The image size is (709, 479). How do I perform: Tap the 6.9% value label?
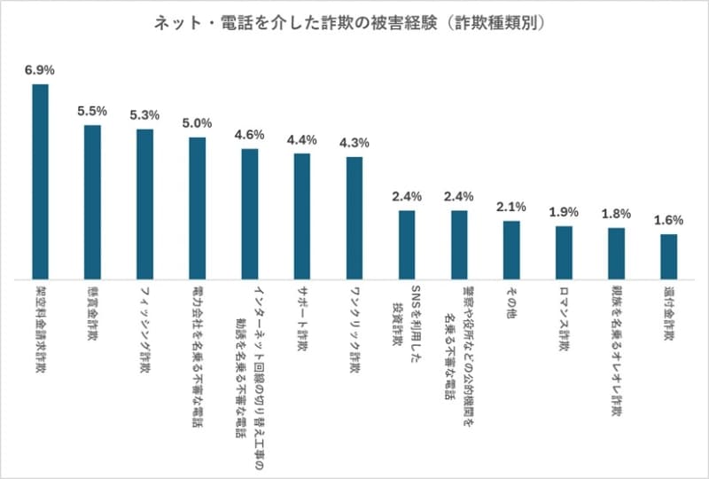click(40, 68)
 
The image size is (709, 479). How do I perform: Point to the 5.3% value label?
click(144, 114)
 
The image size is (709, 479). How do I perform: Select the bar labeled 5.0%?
click(197, 208)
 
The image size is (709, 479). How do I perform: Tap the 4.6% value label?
click(250, 134)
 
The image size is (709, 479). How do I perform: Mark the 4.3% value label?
click(354, 142)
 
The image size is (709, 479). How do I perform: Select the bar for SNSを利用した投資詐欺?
click(407, 244)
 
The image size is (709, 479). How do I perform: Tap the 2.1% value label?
click(511, 206)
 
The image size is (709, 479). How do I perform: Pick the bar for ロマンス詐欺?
click(564, 252)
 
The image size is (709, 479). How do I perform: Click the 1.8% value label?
click(616, 213)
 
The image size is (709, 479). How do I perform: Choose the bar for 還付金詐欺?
click(669, 256)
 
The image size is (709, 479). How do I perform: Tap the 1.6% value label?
click(669, 219)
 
